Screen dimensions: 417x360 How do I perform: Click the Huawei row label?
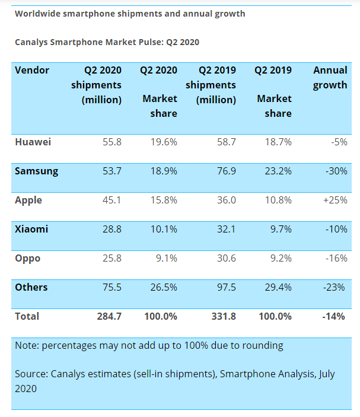[33, 142]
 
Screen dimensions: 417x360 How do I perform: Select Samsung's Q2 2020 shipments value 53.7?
[111, 171]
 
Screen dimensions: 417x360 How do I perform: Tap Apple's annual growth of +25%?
[335, 200]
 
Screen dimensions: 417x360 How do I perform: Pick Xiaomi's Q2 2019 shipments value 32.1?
[226, 229]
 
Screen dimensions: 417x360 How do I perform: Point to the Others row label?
[31, 287]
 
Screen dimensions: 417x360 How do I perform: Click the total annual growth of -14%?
[333, 316]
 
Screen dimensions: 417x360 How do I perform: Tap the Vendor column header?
[32, 70]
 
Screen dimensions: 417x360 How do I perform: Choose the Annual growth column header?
[330, 78]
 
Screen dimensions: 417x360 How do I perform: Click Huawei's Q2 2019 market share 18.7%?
[278, 142]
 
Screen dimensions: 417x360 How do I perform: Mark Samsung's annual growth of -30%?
[336, 171]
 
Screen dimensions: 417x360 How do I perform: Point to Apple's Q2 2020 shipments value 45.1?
[111, 200]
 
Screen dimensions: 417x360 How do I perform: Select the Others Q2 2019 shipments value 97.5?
[226, 287]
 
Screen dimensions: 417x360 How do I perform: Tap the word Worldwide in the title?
[40, 14]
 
